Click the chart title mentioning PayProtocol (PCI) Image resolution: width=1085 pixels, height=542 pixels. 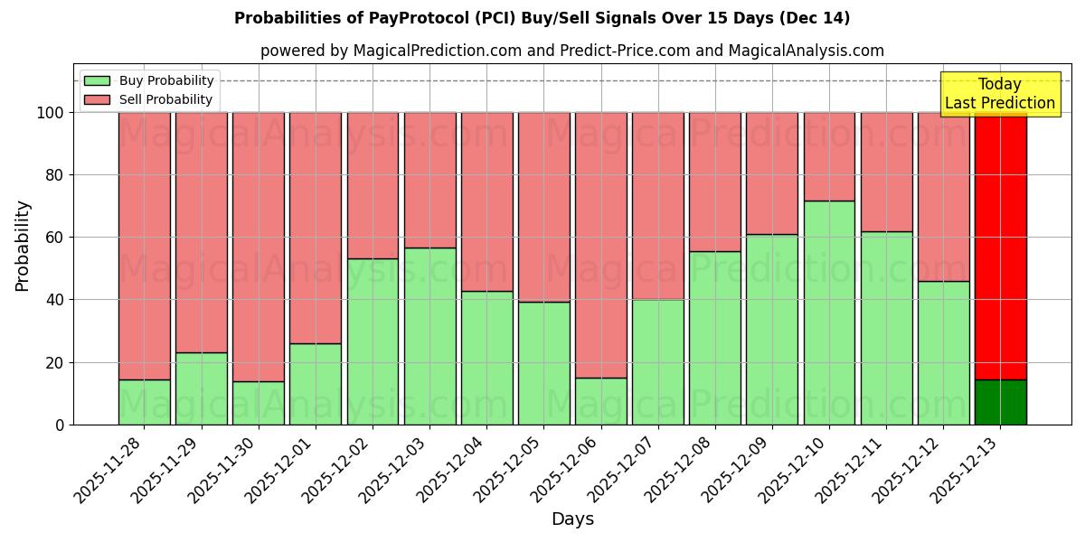[542, 18]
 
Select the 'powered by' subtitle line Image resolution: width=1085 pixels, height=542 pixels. [571, 51]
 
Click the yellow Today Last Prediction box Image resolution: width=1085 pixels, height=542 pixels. [1000, 94]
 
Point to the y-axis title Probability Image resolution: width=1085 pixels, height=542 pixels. [23, 246]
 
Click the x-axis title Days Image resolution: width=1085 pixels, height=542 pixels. [572, 519]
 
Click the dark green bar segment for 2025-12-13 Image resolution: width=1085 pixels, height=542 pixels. [1000, 402]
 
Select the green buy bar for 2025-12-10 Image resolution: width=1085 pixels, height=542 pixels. [829, 313]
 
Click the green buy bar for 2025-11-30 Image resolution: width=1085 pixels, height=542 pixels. [259, 403]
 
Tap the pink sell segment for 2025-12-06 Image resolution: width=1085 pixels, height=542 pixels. [601, 245]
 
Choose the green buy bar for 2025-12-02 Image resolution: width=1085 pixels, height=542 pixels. [373, 341]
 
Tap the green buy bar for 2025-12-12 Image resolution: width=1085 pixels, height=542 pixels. [943, 352]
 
